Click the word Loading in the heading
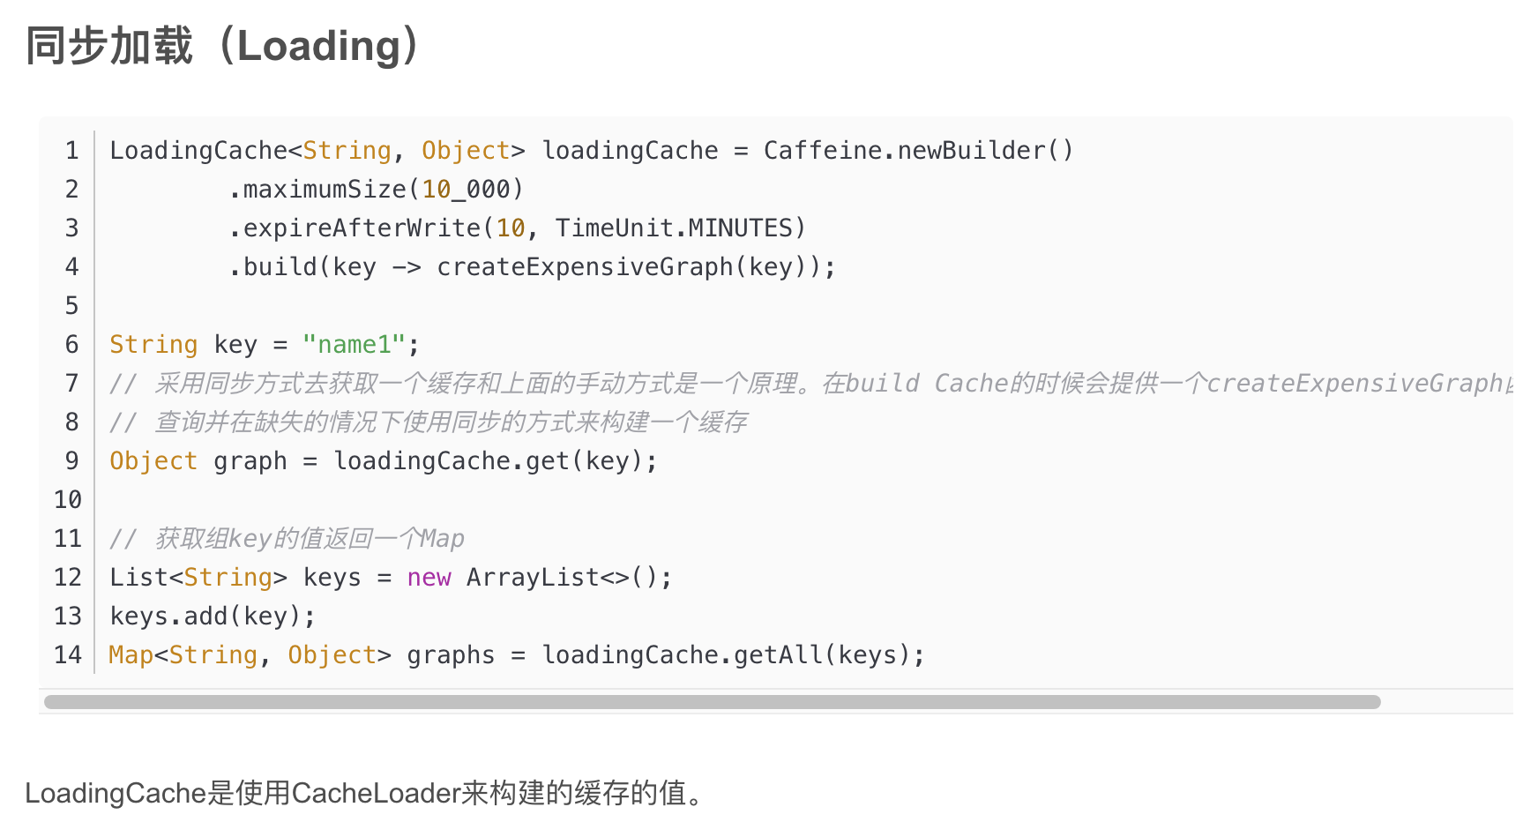click(318, 47)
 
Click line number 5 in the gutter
click(72, 306)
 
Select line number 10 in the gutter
click(68, 500)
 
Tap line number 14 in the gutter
click(68, 655)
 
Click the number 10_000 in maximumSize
click(466, 190)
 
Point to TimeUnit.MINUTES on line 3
click(674, 228)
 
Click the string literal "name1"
click(354, 345)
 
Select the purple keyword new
click(429, 578)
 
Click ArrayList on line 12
click(533, 578)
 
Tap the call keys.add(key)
click(212, 616)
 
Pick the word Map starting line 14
click(131, 655)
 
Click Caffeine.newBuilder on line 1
click(904, 151)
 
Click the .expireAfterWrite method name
click(362, 228)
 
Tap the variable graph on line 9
click(250, 461)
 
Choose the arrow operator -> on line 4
click(406, 267)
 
